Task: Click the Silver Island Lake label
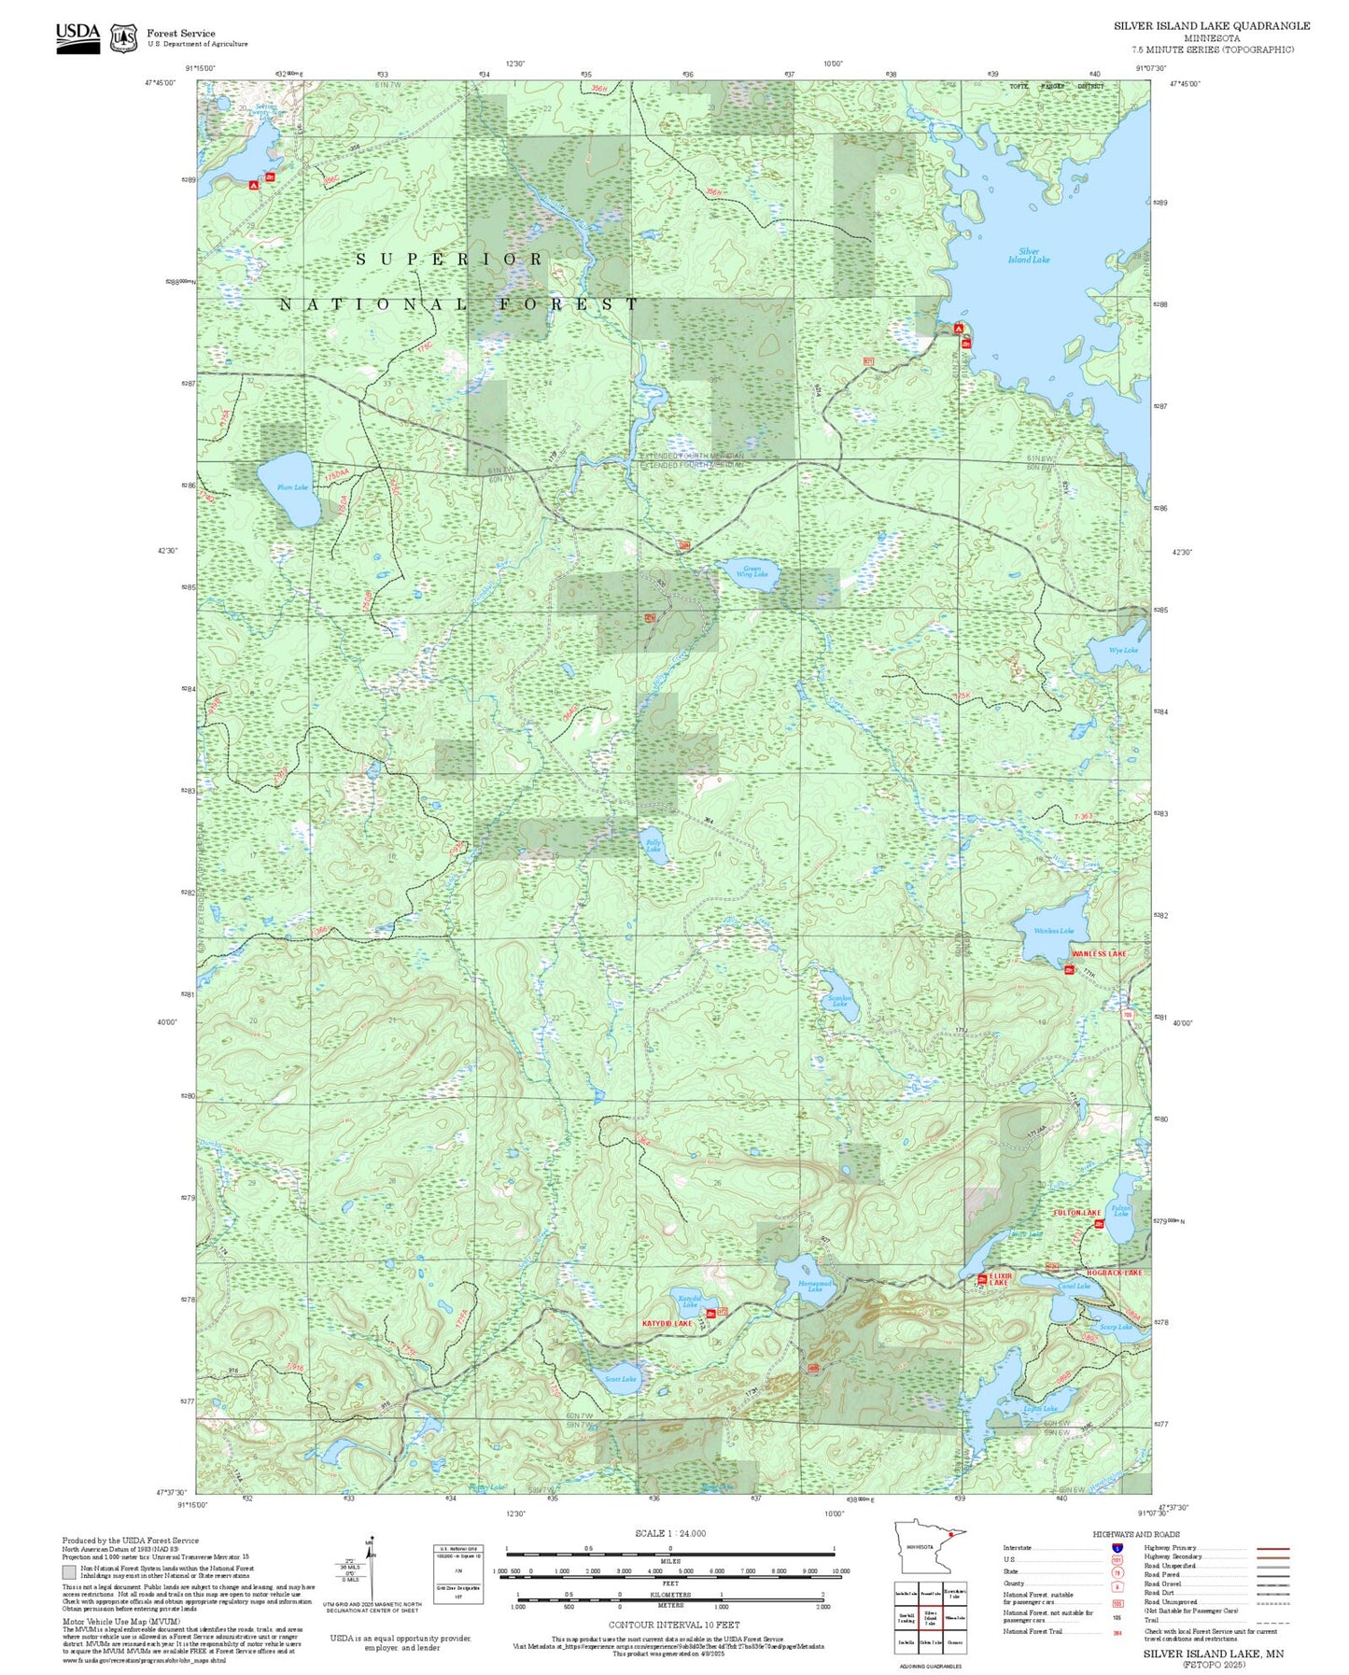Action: (x=1028, y=256)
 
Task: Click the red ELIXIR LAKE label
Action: (x=999, y=1279)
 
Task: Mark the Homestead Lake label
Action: (x=814, y=1286)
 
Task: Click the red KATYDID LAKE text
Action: (x=667, y=1324)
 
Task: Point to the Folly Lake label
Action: (x=653, y=846)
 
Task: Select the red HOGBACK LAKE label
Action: (x=1114, y=1273)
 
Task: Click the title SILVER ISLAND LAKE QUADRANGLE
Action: (x=1211, y=26)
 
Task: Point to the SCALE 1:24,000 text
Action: (x=670, y=1533)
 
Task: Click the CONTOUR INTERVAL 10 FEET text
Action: (x=673, y=1626)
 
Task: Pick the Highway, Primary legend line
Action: (x=1272, y=1548)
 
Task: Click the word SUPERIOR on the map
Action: (x=449, y=259)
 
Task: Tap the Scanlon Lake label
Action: (x=840, y=1000)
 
